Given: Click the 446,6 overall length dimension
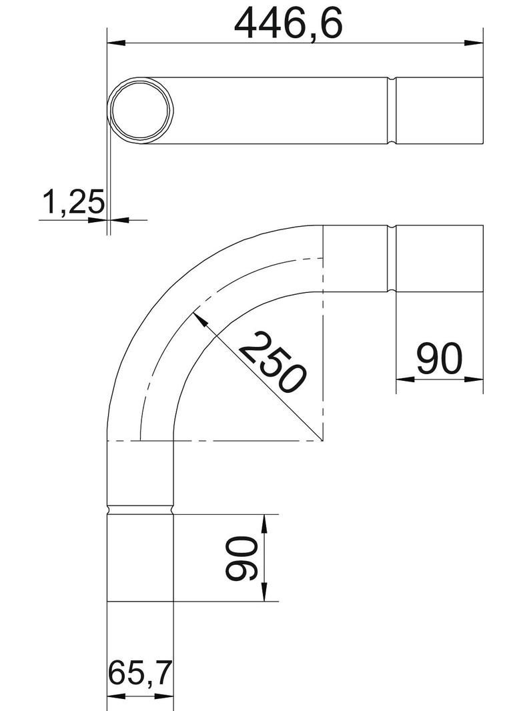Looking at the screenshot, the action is pos(288,23).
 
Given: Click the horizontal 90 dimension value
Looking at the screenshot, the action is pos(440,358).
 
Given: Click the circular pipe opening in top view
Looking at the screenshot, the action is pos(140,111).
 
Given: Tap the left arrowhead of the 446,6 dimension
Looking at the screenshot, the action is pos(116,43).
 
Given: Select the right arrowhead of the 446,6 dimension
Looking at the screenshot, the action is pos(474,43).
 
